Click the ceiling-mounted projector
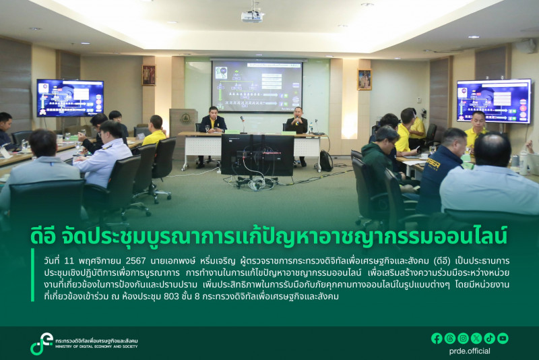pyautogui.click(x=252, y=15)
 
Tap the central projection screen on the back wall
pyautogui.click(x=257, y=86)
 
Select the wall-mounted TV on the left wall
pyautogui.click(x=70, y=98)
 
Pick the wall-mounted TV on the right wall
pyautogui.click(x=493, y=101)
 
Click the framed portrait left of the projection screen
pyautogui.click(x=149, y=75)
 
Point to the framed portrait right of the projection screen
pyautogui.click(x=364, y=80)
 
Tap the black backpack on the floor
pyautogui.click(x=326, y=160)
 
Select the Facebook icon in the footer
pyautogui.click(x=437, y=338)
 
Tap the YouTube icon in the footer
pyautogui.click(x=503, y=338)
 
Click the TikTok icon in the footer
pyautogui.click(x=490, y=338)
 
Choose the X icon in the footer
pyautogui.click(x=476, y=338)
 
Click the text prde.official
pyautogui.click(x=470, y=351)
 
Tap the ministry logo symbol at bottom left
pyautogui.click(x=41, y=343)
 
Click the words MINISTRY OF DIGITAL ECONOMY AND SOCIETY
pyautogui.click(x=96, y=347)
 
